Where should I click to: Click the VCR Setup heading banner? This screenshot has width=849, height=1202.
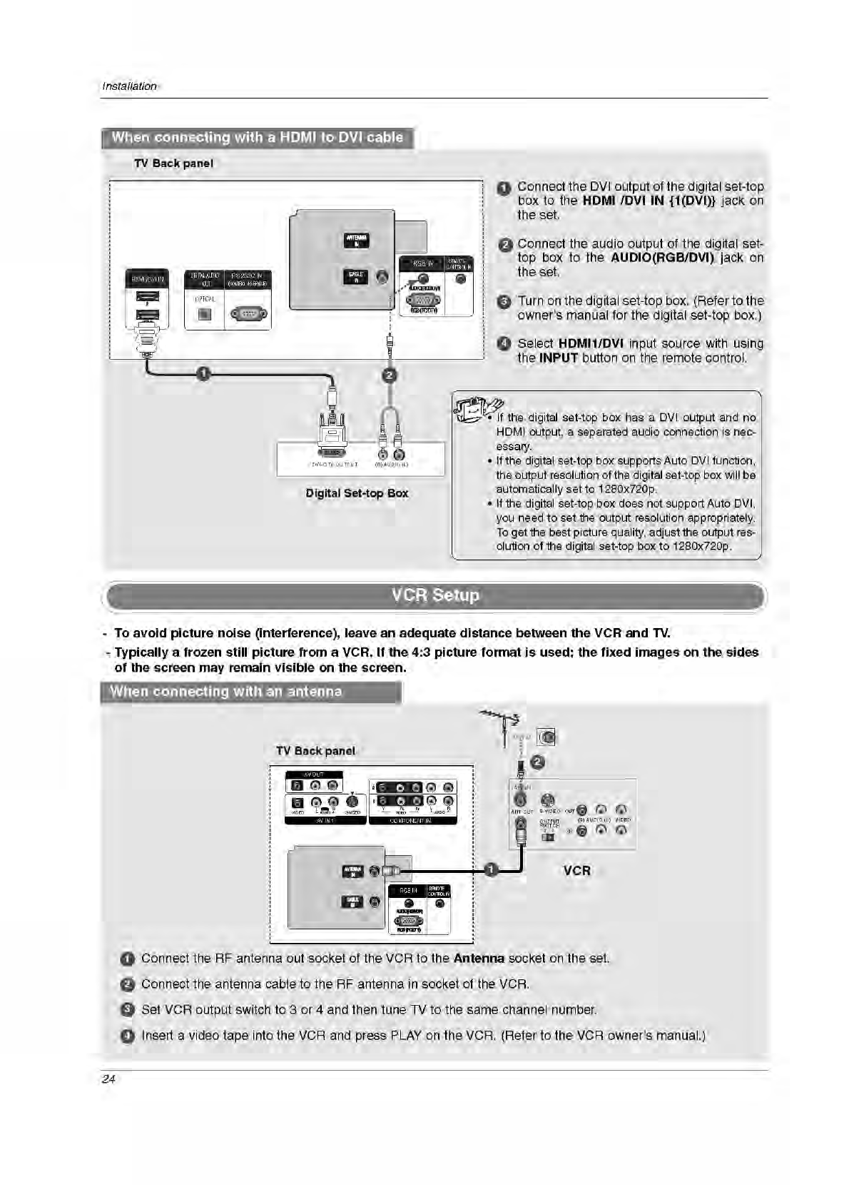pyautogui.click(x=435, y=596)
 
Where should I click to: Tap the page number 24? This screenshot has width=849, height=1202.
pyautogui.click(x=108, y=1079)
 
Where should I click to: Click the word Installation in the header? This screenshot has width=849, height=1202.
pyautogui.click(x=129, y=86)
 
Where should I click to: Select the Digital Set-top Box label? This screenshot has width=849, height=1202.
pyautogui.click(x=357, y=493)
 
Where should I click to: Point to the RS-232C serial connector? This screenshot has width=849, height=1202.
pyautogui.click(x=248, y=313)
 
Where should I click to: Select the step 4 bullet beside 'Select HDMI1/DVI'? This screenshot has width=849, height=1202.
pyautogui.click(x=504, y=344)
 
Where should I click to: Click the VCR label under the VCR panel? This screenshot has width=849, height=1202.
pyautogui.click(x=576, y=871)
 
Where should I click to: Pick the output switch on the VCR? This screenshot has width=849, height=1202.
pyautogui.click(x=548, y=837)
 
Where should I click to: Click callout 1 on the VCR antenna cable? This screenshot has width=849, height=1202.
pyautogui.click(x=491, y=869)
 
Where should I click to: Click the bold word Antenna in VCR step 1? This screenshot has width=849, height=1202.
pyautogui.click(x=479, y=959)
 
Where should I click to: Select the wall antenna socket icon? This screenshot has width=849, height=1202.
pyautogui.click(x=546, y=737)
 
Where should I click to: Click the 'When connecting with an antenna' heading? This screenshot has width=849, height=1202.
pyautogui.click(x=227, y=692)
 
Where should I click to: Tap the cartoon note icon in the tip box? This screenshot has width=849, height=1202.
pyautogui.click(x=474, y=409)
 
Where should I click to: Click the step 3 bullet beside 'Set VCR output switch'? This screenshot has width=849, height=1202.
pyautogui.click(x=127, y=1010)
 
